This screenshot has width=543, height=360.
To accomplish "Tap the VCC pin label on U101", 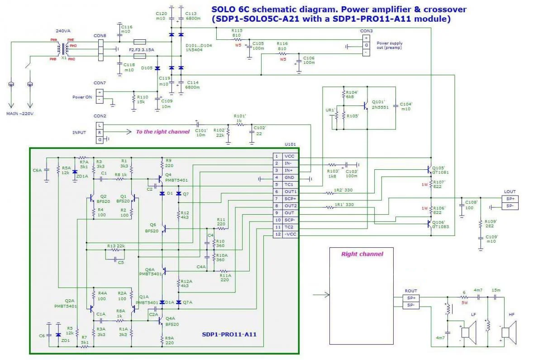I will [290, 156].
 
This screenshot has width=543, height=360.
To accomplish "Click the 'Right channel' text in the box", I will [362, 254].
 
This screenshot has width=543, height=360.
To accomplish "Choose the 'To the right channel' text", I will [162, 132].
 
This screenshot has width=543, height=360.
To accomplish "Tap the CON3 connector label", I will [367, 31].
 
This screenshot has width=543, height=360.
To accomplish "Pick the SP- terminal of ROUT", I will [411, 306].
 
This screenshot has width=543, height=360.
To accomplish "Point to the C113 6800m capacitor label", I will [191, 16].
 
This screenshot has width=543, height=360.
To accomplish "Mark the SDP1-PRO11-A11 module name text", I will [229, 335].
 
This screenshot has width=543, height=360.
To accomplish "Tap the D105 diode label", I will [147, 68].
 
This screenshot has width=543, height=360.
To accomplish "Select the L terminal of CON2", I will [100, 125].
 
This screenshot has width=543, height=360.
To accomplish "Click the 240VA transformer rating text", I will [63, 31].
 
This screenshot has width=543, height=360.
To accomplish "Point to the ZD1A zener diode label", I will [83, 176].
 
